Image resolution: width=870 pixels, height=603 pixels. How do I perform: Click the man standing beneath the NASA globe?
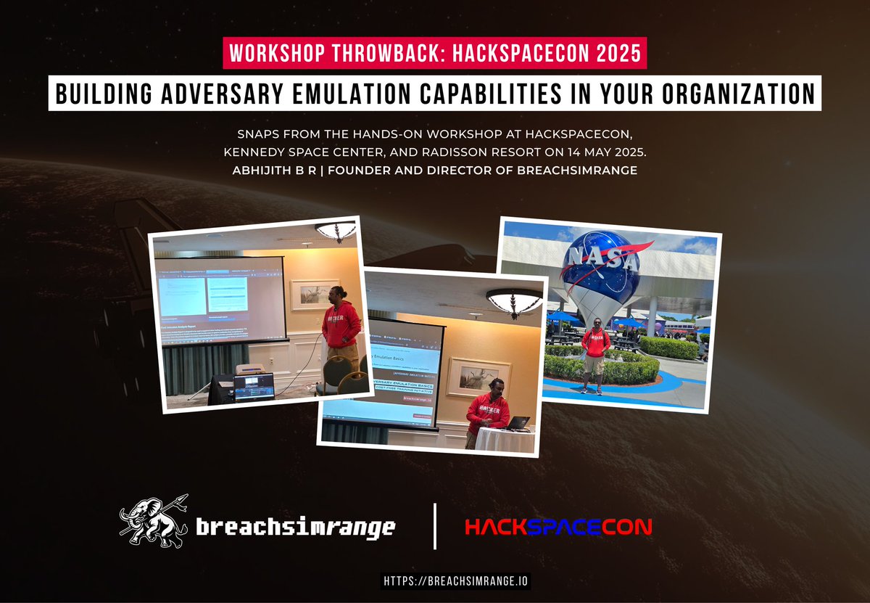(x=595, y=354)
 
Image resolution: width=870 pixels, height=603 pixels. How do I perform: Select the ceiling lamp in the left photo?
(x=336, y=231)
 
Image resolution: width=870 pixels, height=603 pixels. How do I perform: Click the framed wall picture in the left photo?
(x=313, y=295)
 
